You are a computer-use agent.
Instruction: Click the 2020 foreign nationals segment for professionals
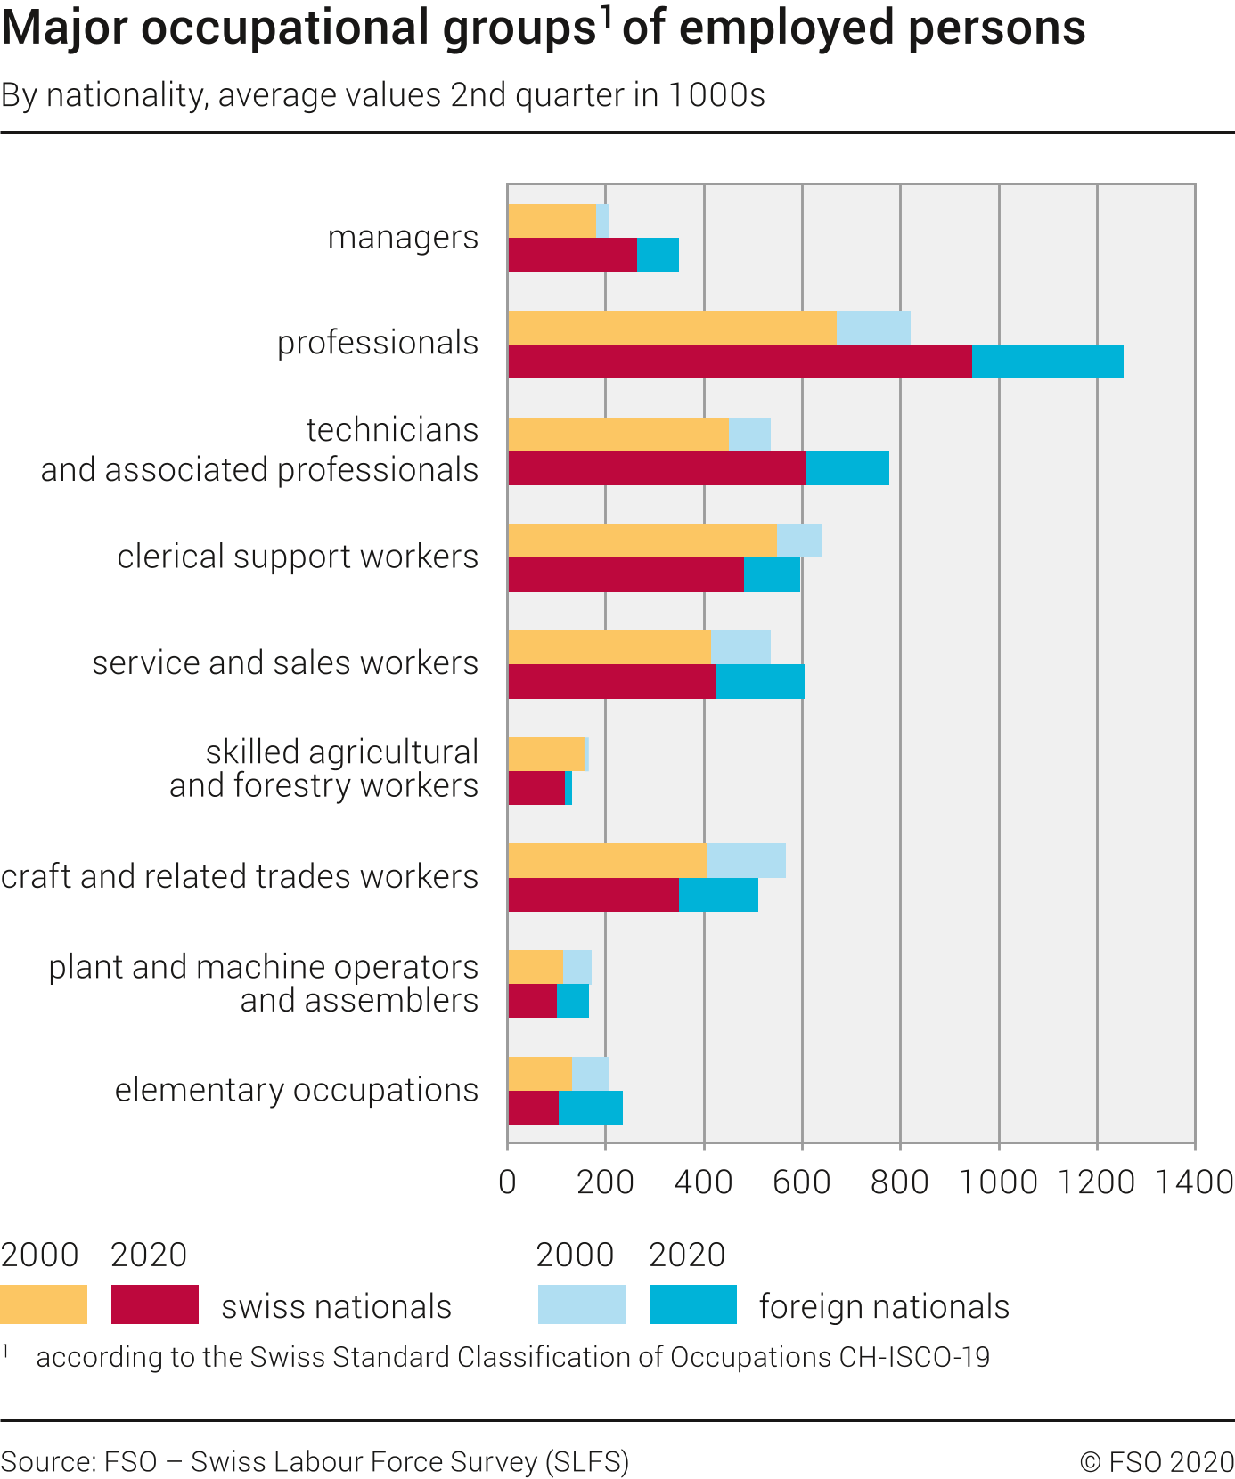(x=1047, y=362)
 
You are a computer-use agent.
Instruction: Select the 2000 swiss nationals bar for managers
(x=552, y=221)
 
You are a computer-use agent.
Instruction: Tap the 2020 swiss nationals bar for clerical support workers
(x=626, y=575)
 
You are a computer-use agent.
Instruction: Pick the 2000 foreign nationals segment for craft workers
(x=746, y=861)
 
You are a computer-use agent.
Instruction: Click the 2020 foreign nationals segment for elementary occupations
(x=590, y=1108)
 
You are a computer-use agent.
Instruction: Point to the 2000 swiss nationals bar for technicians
(x=617, y=434)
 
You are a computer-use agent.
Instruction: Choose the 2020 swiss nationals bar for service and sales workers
(x=612, y=682)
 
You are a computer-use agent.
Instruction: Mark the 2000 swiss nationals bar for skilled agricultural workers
(x=545, y=754)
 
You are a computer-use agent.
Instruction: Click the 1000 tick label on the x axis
(x=999, y=1182)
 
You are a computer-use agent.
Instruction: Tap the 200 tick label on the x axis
(x=605, y=1182)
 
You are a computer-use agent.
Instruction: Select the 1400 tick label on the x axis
(x=1194, y=1182)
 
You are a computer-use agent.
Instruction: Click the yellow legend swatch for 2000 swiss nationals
(x=44, y=1304)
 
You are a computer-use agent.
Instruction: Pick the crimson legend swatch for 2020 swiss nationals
(x=155, y=1304)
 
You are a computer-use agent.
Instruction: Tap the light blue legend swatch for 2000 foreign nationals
(x=581, y=1304)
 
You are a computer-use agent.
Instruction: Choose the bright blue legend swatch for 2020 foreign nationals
(x=693, y=1304)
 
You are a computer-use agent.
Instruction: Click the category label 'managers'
(x=403, y=238)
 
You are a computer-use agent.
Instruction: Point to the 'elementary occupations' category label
(x=296, y=1090)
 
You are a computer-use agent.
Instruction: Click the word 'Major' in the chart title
(x=65, y=28)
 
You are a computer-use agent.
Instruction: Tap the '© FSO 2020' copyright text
(x=1157, y=1462)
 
